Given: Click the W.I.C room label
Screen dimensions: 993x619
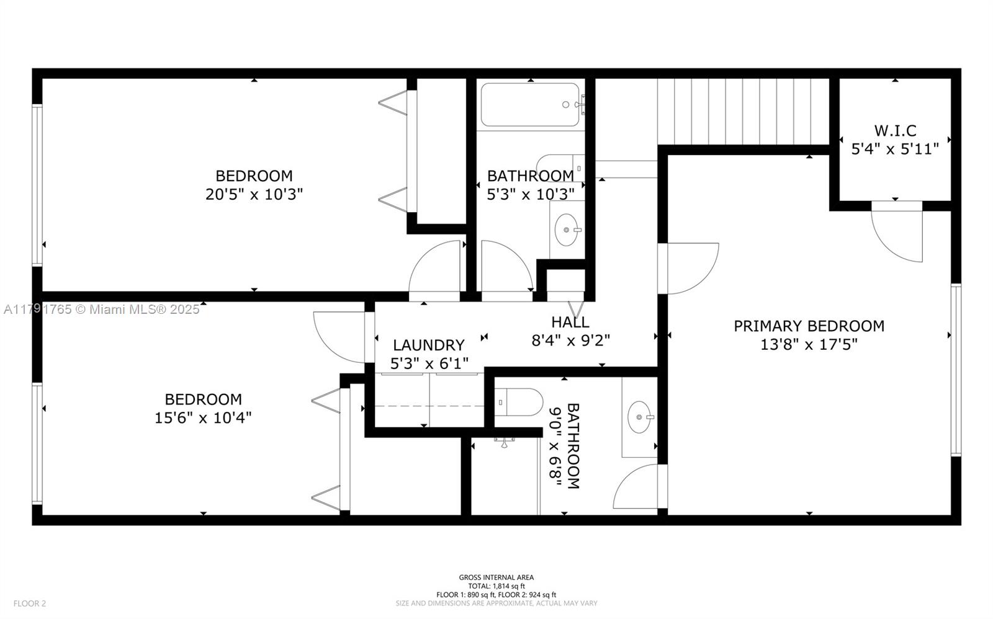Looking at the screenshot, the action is (x=895, y=131).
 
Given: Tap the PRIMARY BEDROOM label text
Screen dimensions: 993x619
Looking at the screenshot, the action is (x=809, y=326).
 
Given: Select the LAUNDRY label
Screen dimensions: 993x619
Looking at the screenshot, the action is (x=429, y=345).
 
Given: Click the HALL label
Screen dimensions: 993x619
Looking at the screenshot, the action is (x=570, y=322).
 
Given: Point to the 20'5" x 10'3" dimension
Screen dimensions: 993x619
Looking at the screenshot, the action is (x=254, y=194).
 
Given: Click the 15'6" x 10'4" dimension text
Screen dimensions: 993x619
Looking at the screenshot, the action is (x=203, y=417).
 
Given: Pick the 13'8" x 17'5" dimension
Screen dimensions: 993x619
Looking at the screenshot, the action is (x=809, y=344).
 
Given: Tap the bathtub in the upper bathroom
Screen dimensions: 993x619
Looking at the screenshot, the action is (x=530, y=105).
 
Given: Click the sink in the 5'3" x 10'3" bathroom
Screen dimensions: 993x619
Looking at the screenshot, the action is (x=567, y=229).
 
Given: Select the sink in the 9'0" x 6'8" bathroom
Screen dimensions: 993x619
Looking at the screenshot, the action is (x=639, y=417).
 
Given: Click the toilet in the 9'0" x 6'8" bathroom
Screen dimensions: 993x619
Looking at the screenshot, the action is (x=519, y=403).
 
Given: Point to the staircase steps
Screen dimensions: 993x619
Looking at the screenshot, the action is (x=743, y=112).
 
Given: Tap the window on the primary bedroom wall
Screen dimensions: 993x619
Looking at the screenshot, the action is (x=956, y=370).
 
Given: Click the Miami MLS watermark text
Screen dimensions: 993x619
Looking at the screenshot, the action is (x=102, y=309).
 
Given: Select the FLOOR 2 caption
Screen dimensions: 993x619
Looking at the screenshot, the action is (x=30, y=603).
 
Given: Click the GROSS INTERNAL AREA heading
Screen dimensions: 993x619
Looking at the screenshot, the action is (x=496, y=577).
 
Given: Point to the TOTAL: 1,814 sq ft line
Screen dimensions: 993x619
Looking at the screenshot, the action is (x=496, y=586).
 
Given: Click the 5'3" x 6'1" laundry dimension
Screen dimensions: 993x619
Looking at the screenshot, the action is (x=429, y=363).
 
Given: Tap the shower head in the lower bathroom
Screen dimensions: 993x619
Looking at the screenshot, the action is (x=504, y=442).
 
